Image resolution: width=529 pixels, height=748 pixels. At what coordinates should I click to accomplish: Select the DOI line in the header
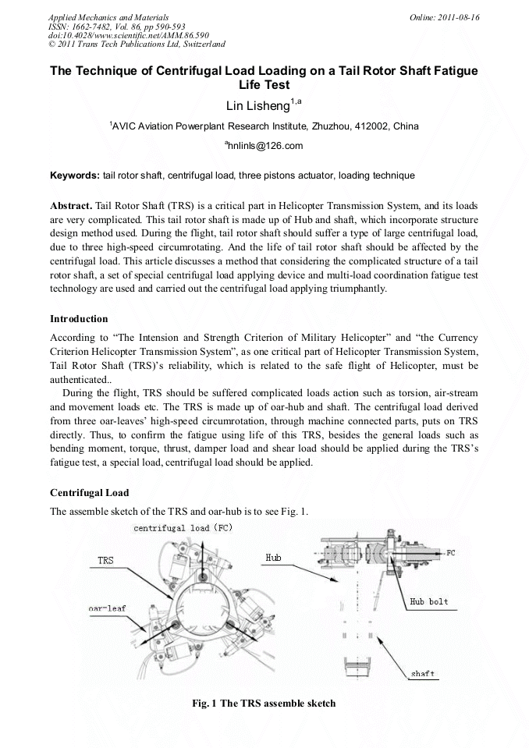point(117,35)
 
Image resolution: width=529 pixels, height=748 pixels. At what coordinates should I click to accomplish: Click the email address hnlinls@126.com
point(264,145)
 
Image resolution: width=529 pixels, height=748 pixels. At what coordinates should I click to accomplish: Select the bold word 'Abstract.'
point(71,206)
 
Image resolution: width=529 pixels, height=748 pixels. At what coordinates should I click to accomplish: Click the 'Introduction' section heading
point(79,318)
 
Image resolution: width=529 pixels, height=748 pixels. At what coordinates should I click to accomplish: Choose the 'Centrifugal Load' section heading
point(89,493)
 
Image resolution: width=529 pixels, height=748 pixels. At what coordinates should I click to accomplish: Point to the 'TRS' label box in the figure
point(105,560)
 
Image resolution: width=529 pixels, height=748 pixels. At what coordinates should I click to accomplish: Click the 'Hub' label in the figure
point(273,558)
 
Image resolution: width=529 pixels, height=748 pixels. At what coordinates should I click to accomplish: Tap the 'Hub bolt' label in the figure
point(428,601)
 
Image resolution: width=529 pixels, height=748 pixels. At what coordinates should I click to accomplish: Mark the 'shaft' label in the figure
point(422,673)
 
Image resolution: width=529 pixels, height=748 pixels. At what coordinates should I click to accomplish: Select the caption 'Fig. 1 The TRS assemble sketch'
point(264,704)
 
